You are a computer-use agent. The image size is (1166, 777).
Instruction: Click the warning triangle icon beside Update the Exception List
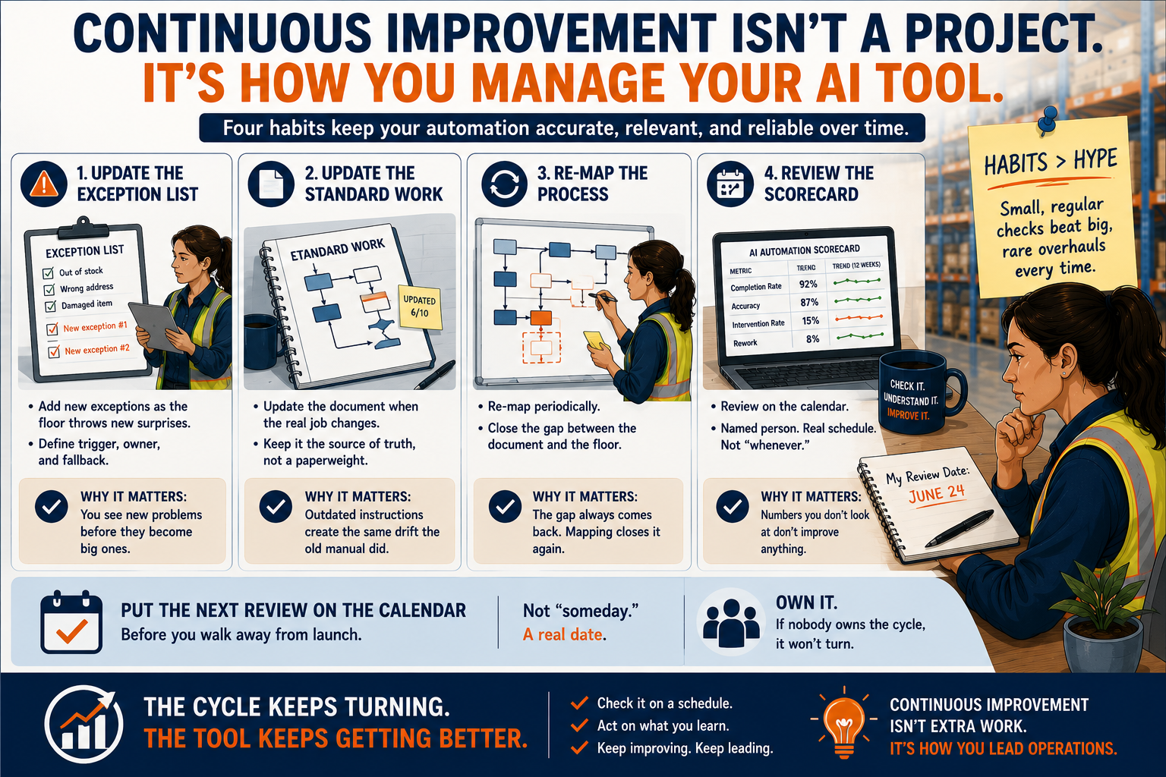coord(44,184)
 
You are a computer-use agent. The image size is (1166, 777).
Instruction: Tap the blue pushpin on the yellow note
coord(1048,120)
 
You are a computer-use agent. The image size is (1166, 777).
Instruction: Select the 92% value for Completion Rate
coord(808,284)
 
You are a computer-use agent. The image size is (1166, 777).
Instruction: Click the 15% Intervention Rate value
coord(811,320)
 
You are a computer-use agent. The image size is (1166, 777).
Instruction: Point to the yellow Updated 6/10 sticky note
coord(420,307)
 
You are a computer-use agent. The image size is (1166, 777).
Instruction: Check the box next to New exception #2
coord(54,352)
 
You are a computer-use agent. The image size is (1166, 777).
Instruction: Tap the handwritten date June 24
coord(937,493)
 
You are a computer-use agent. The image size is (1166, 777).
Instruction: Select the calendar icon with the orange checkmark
coord(71,621)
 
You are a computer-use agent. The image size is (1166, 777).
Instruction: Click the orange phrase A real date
coord(564,634)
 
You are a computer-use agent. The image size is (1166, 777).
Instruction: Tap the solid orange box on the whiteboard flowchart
coord(540,317)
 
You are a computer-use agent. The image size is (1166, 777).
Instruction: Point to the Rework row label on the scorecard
coord(745,343)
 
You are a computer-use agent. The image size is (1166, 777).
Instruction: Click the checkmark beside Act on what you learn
coord(579,725)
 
